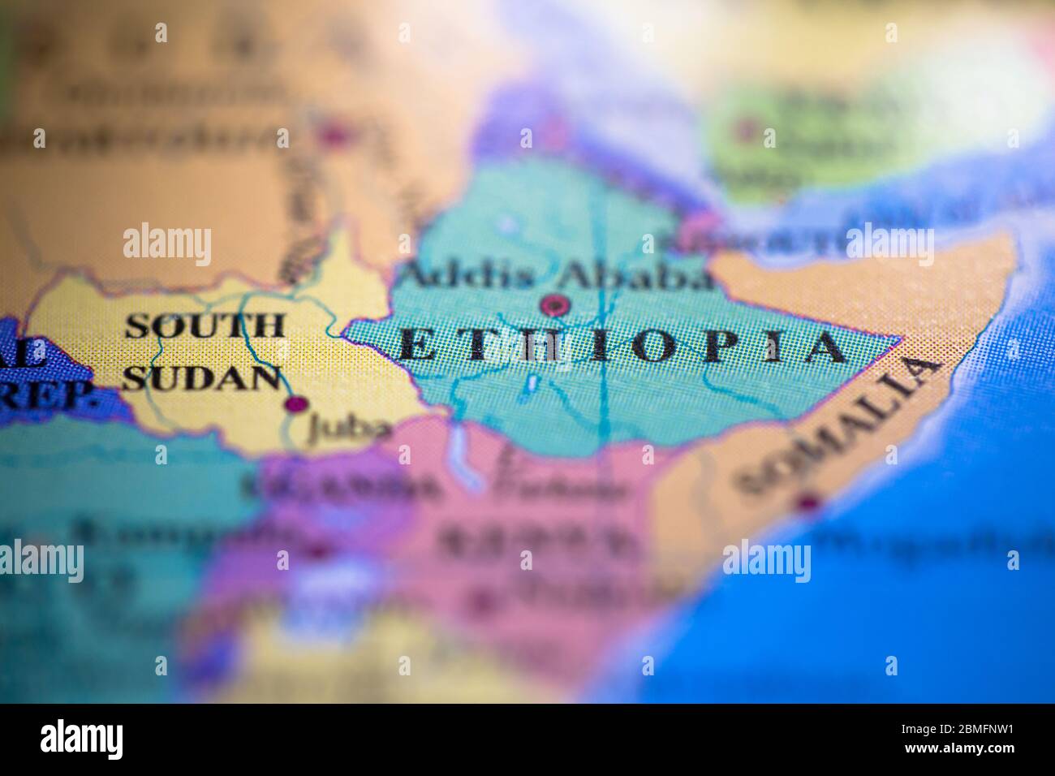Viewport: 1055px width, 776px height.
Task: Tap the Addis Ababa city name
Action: click(x=557, y=275)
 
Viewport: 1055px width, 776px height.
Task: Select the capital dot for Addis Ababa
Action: click(x=555, y=305)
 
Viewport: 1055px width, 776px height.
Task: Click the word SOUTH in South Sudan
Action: click(x=205, y=325)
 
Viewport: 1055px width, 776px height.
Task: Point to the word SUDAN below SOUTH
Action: click(x=206, y=377)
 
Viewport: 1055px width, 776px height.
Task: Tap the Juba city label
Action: click(x=348, y=429)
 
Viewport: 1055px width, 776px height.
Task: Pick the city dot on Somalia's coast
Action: click(x=807, y=502)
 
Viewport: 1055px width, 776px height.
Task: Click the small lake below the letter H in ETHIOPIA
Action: click(x=532, y=382)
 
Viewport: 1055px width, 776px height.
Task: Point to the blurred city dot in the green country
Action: click(x=744, y=128)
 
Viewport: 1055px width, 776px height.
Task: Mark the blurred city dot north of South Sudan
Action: click(x=333, y=136)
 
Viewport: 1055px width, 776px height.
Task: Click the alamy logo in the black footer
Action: click(x=82, y=739)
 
